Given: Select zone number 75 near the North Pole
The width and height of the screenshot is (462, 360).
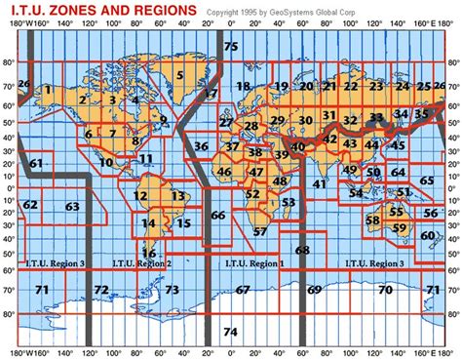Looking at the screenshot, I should click(x=230, y=47).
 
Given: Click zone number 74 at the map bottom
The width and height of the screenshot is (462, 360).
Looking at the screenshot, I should click(x=230, y=332).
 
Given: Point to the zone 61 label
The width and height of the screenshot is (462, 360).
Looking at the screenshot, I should click(x=36, y=163).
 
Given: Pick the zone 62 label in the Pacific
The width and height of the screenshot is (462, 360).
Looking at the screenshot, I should click(x=30, y=205).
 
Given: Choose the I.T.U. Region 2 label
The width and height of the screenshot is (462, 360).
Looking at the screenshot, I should click(x=141, y=263).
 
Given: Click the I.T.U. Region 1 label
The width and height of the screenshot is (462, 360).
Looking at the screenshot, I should click(x=254, y=263).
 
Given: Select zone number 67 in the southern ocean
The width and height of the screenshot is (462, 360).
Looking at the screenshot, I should click(x=243, y=290).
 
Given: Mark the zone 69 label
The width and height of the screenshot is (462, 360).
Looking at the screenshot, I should click(x=314, y=290).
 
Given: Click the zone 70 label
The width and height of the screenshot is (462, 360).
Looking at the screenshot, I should click(x=385, y=290).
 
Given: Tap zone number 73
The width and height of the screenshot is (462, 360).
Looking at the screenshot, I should click(x=172, y=290).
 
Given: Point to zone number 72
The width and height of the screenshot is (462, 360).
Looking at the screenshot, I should click(x=101, y=290).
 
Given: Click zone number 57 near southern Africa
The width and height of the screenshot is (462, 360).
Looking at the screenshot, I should click(x=259, y=232).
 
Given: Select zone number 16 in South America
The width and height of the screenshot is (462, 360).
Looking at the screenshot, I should click(x=149, y=253).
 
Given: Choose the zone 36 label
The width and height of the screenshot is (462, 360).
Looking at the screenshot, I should click(x=201, y=146).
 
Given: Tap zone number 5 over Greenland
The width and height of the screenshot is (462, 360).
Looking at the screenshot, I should click(x=180, y=75).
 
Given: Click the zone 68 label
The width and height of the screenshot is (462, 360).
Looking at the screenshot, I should click(x=302, y=251).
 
